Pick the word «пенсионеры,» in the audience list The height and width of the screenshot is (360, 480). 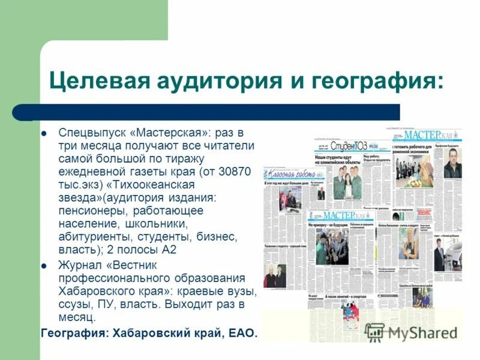90,211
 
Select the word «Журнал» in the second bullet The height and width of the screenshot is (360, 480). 78,265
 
